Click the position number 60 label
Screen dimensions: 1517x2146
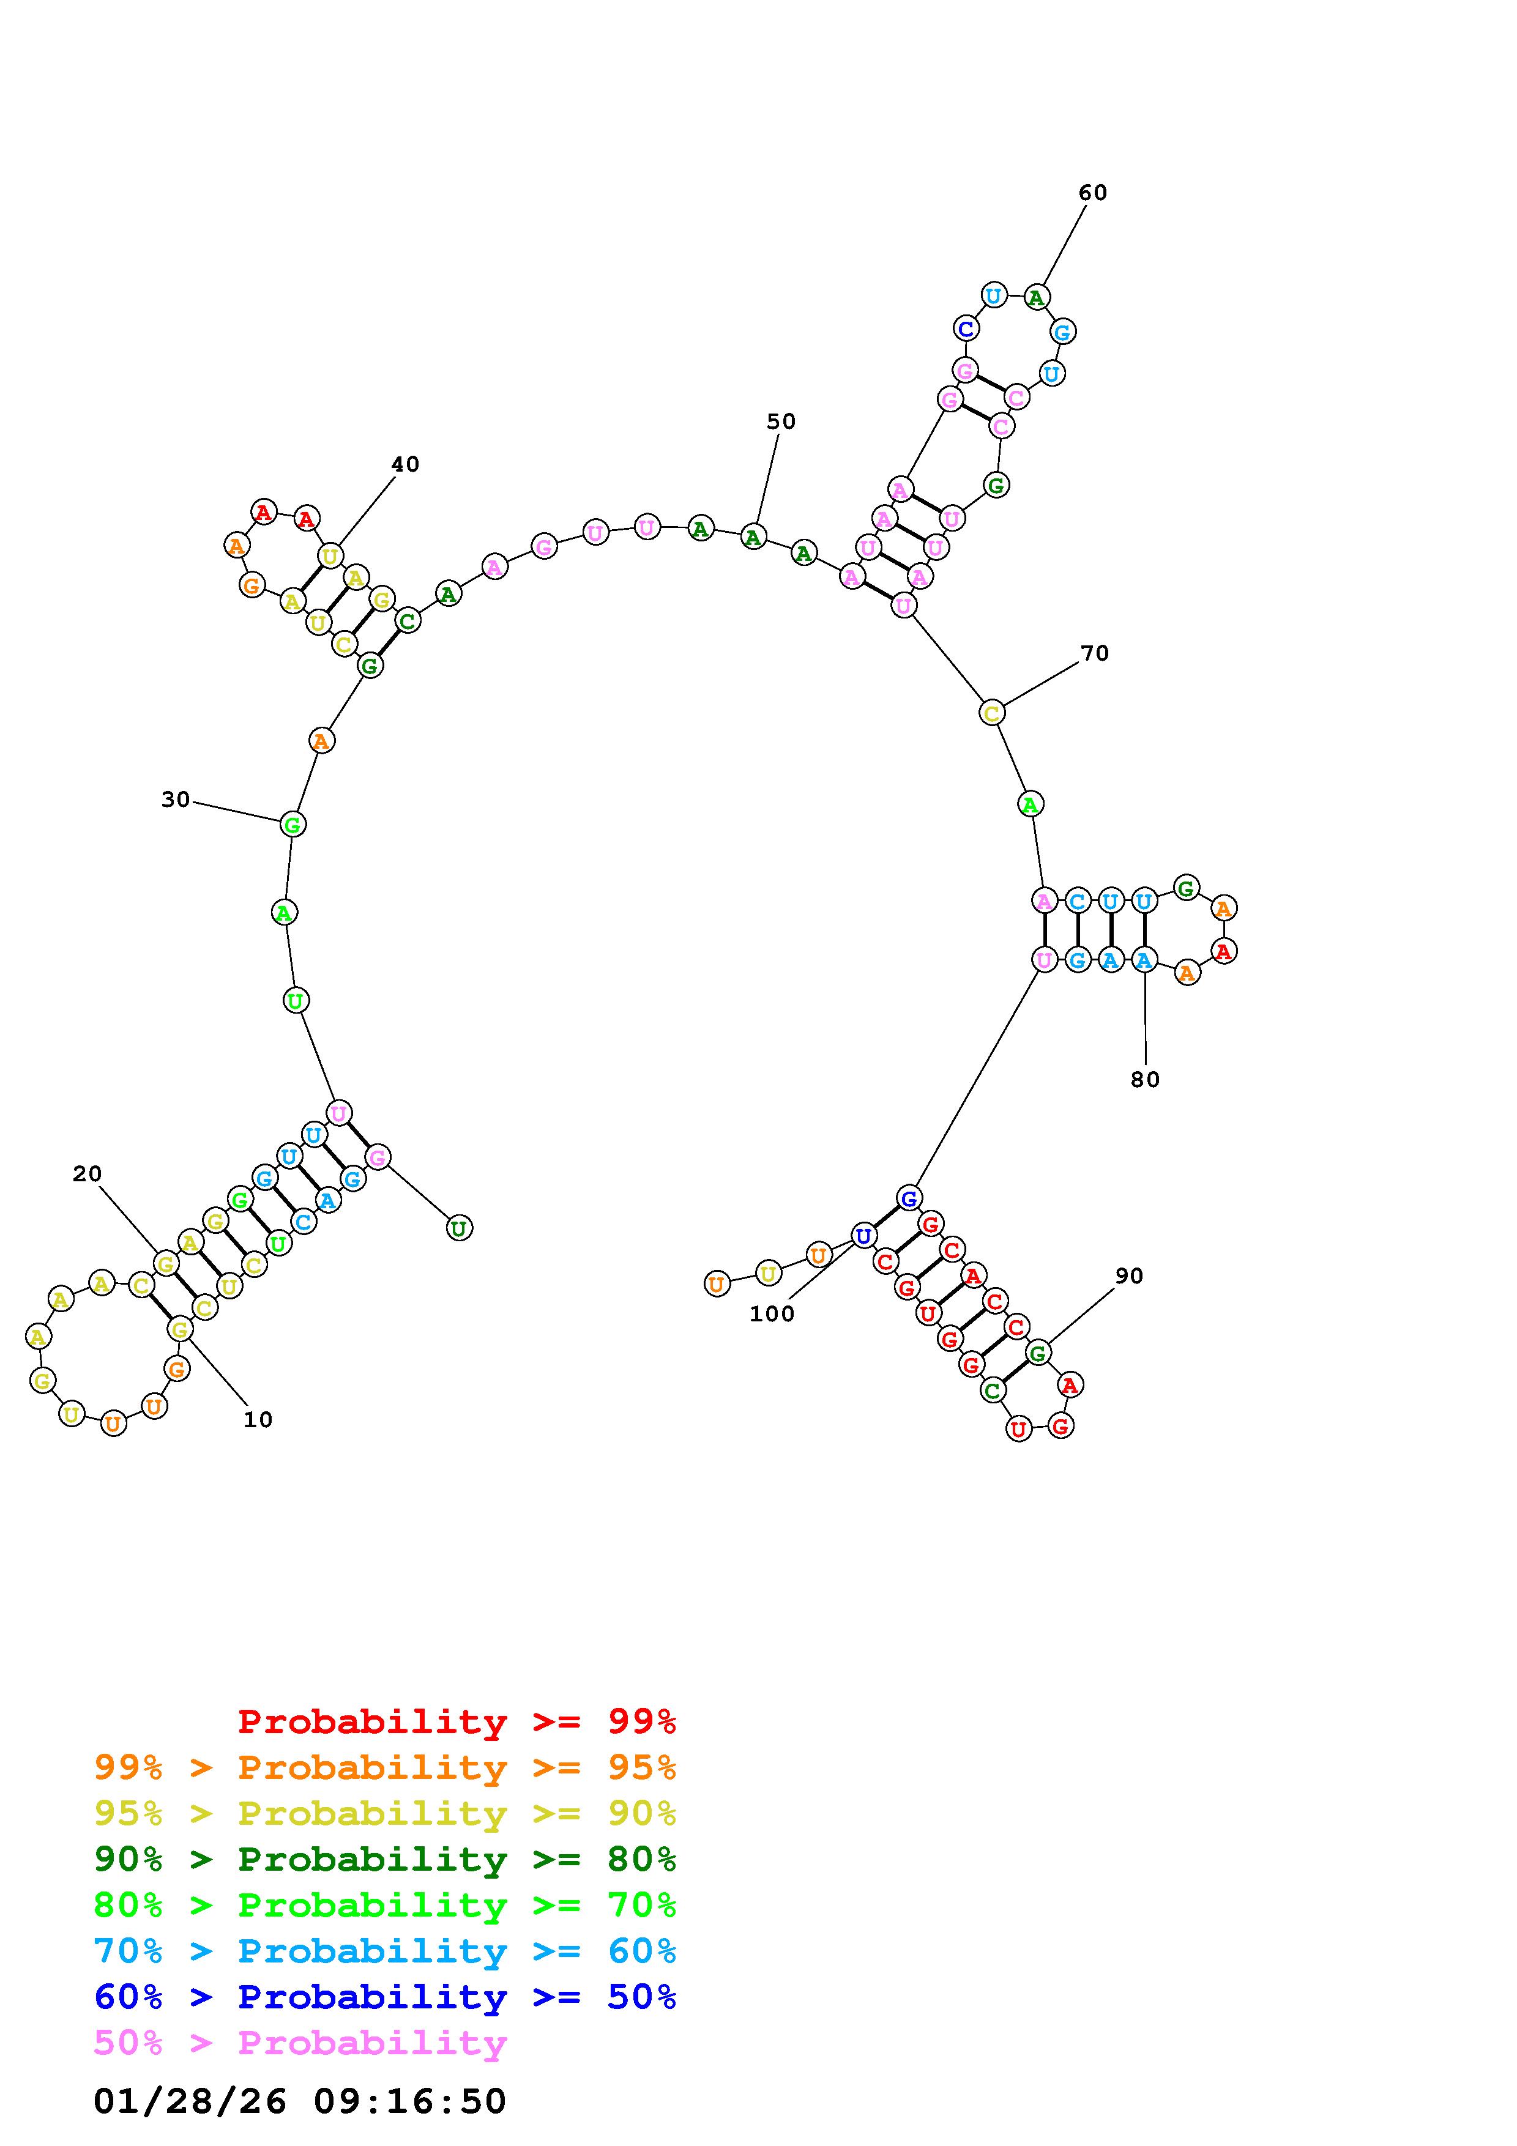click(x=1093, y=193)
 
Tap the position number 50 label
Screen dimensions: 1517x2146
click(x=781, y=421)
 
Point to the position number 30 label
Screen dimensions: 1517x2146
click(x=176, y=799)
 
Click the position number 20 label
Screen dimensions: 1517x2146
click(x=87, y=1174)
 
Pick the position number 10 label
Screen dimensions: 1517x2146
click(x=258, y=1420)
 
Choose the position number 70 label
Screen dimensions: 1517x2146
click(x=1095, y=653)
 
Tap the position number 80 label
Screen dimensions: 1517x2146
click(x=1145, y=1080)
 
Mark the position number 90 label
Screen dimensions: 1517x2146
click(x=1129, y=1276)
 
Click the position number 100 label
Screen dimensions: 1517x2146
click(x=772, y=1314)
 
